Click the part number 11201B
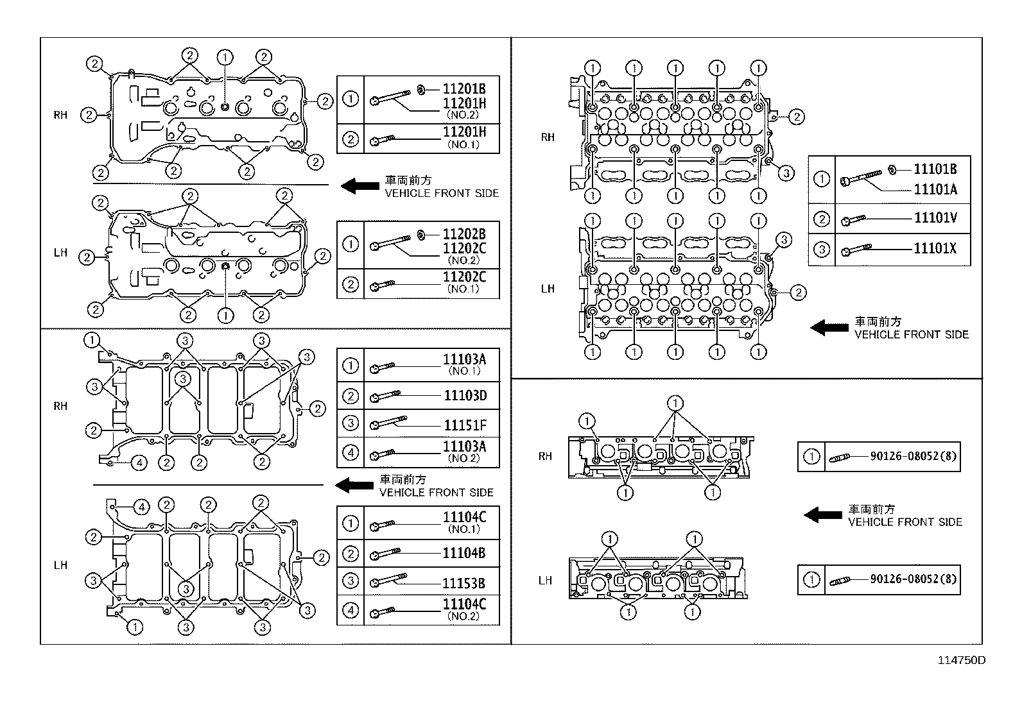[x=464, y=89]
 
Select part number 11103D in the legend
[x=465, y=395]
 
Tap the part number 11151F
[x=465, y=425]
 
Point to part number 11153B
[x=463, y=583]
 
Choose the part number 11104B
[x=463, y=553]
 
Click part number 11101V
[x=935, y=217]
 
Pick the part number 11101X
[x=935, y=248]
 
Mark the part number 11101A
[x=935, y=189]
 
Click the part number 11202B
[x=464, y=234]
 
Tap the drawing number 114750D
[x=961, y=660]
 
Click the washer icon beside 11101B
[x=892, y=170]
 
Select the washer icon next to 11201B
[x=422, y=89]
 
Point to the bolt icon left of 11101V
[x=853, y=220]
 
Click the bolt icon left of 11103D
[x=385, y=396]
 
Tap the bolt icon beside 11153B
[x=388, y=580]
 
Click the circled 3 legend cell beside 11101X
[x=822, y=250]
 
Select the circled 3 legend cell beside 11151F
[x=351, y=423]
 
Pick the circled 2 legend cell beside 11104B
[x=351, y=554]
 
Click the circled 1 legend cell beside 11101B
[x=822, y=179]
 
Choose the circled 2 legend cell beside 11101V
[x=822, y=219]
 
